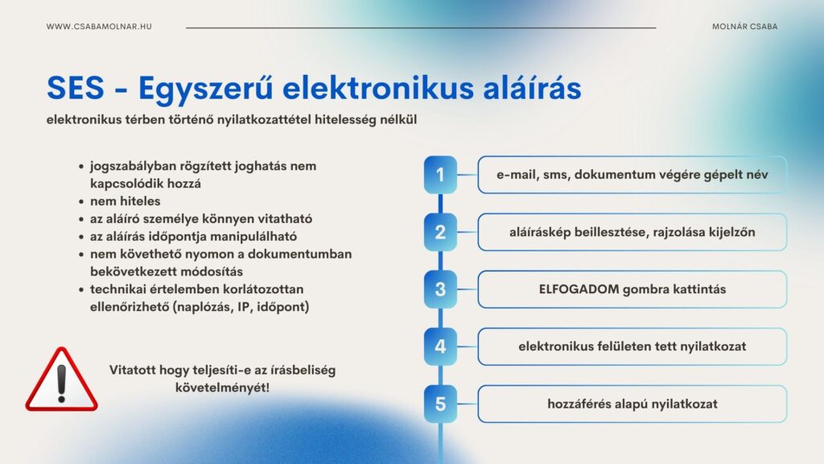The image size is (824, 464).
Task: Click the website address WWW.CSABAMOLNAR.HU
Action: pos(99,27)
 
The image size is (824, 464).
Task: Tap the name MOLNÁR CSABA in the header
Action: pos(744,27)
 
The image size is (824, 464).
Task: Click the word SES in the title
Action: pos(76,87)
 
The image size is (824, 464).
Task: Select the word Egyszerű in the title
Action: pos(206,89)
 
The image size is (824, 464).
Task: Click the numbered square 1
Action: pos(440,175)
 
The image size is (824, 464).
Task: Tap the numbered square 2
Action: pos(440,232)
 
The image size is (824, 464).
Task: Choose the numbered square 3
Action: pos(440,289)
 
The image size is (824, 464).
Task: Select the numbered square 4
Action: pos(440,346)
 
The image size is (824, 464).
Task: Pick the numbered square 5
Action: pos(440,404)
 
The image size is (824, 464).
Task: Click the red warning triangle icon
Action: pos(61,380)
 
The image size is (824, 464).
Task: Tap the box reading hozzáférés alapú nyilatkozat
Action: pos(632,404)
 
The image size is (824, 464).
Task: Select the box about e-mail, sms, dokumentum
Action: pos(632,175)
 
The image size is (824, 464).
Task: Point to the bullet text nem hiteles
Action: pos(125,201)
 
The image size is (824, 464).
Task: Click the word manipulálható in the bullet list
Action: pos(257,236)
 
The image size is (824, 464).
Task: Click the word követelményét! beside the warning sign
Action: pos(222,387)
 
